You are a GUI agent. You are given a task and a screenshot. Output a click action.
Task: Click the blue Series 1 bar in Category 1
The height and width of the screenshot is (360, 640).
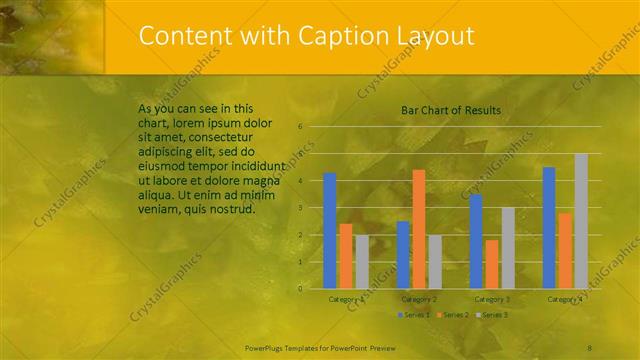click(330, 231)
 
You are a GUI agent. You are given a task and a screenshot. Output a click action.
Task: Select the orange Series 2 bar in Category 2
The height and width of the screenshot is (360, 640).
click(418, 229)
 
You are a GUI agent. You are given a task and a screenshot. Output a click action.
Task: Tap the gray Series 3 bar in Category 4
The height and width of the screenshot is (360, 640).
click(581, 221)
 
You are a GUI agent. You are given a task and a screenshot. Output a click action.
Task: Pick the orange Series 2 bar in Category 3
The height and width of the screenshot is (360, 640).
click(491, 264)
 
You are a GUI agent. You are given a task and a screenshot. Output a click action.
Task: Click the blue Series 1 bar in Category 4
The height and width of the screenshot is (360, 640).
click(549, 228)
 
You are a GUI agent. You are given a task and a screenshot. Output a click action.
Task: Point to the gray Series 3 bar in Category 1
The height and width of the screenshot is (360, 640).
click(362, 262)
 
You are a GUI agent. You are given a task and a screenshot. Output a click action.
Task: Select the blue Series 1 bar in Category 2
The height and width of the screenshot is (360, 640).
click(403, 255)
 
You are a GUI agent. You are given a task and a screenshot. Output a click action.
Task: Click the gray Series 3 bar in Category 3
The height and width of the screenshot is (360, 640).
click(508, 248)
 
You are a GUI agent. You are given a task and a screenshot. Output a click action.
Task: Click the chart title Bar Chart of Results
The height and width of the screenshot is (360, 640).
click(451, 110)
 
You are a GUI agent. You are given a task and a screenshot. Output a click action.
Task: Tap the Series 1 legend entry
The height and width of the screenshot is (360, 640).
click(413, 315)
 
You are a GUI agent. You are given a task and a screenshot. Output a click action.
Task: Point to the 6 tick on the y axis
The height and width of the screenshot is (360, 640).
click(301, 127)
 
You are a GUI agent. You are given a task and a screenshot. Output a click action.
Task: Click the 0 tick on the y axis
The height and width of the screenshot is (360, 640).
click(301, 289)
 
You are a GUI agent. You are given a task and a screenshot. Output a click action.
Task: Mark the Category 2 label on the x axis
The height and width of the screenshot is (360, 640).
click(419, 299)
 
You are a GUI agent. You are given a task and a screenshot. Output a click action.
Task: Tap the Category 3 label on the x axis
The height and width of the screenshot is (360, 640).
click(492, 299)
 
